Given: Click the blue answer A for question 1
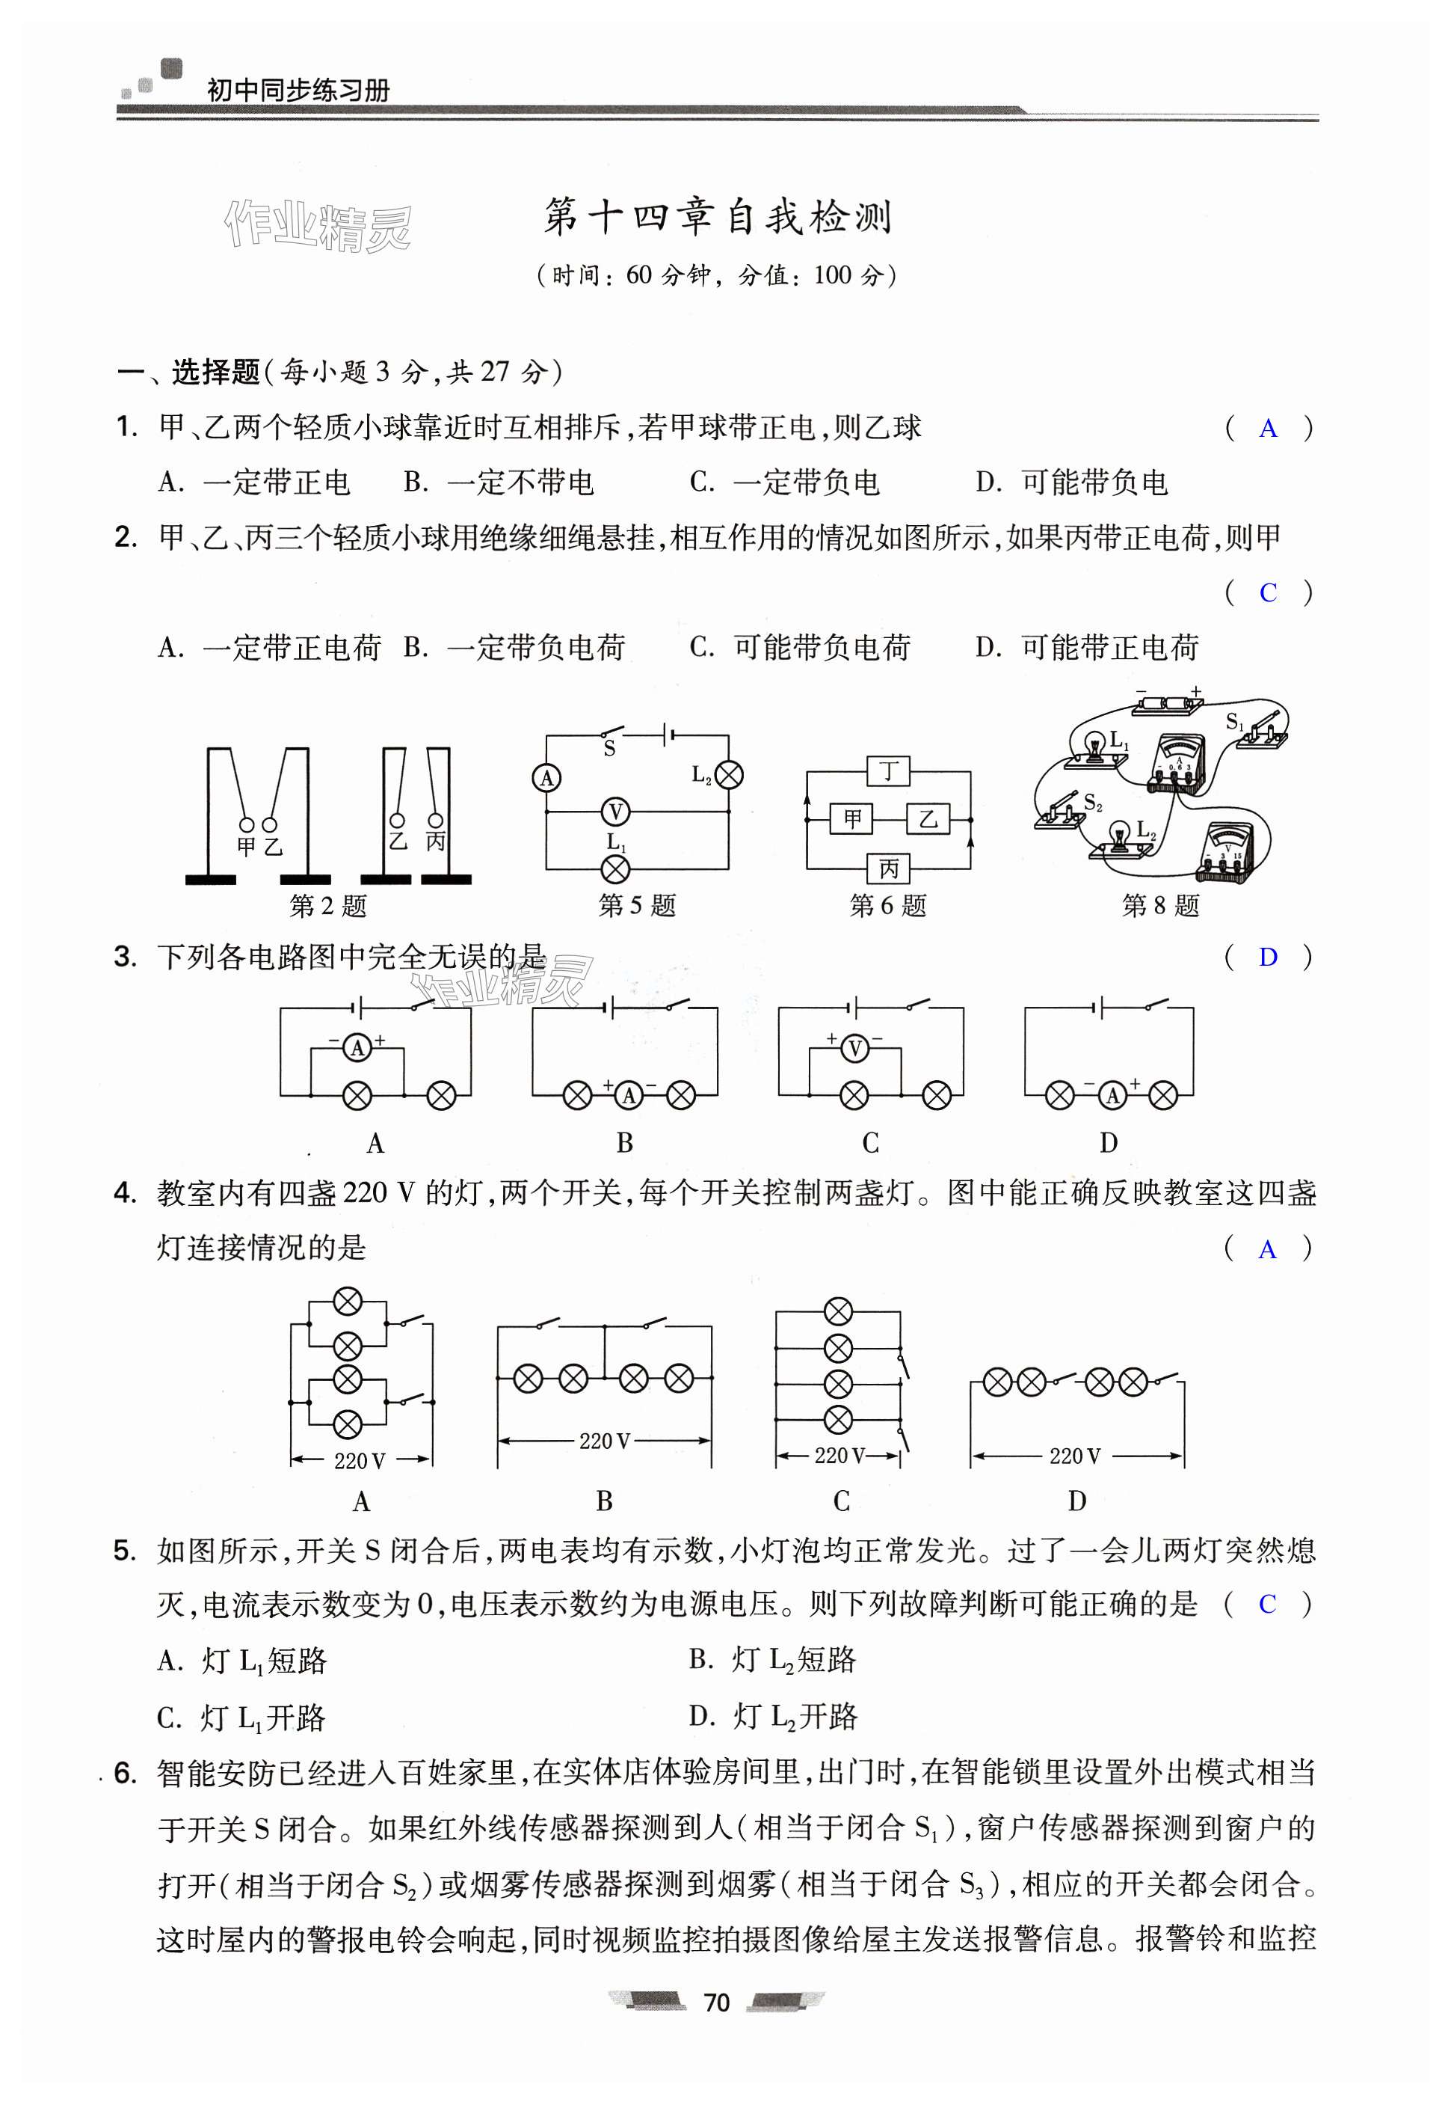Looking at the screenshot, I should (1267, 429).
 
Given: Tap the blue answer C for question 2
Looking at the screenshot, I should (1267, 593).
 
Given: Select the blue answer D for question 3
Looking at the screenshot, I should (1267, 957).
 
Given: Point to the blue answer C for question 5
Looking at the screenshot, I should (1267, 1604).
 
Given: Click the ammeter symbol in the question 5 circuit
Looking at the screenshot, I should (546, 778).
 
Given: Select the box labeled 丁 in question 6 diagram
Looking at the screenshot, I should (887, 771).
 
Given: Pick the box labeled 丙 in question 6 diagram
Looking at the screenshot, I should (887, 868).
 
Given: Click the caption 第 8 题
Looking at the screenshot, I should (1160, 906).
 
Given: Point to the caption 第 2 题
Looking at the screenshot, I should (328, 906).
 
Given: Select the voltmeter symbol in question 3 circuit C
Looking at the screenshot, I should (854, 1050).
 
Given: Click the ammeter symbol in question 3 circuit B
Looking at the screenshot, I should (629, 1096).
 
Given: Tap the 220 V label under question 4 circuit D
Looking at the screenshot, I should (1075, 1456).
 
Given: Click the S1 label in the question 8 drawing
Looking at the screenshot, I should (1233, 721).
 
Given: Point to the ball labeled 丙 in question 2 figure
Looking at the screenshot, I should (436, 818).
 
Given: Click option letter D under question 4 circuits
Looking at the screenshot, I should (1076, 1501).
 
